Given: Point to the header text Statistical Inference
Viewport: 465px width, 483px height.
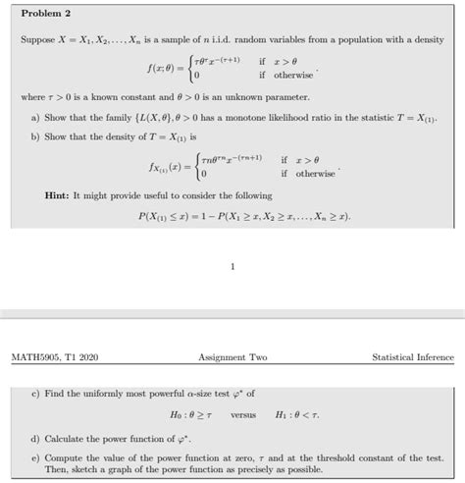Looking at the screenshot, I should [411, 356].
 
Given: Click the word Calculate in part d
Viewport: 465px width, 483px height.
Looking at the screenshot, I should [66, 438].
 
